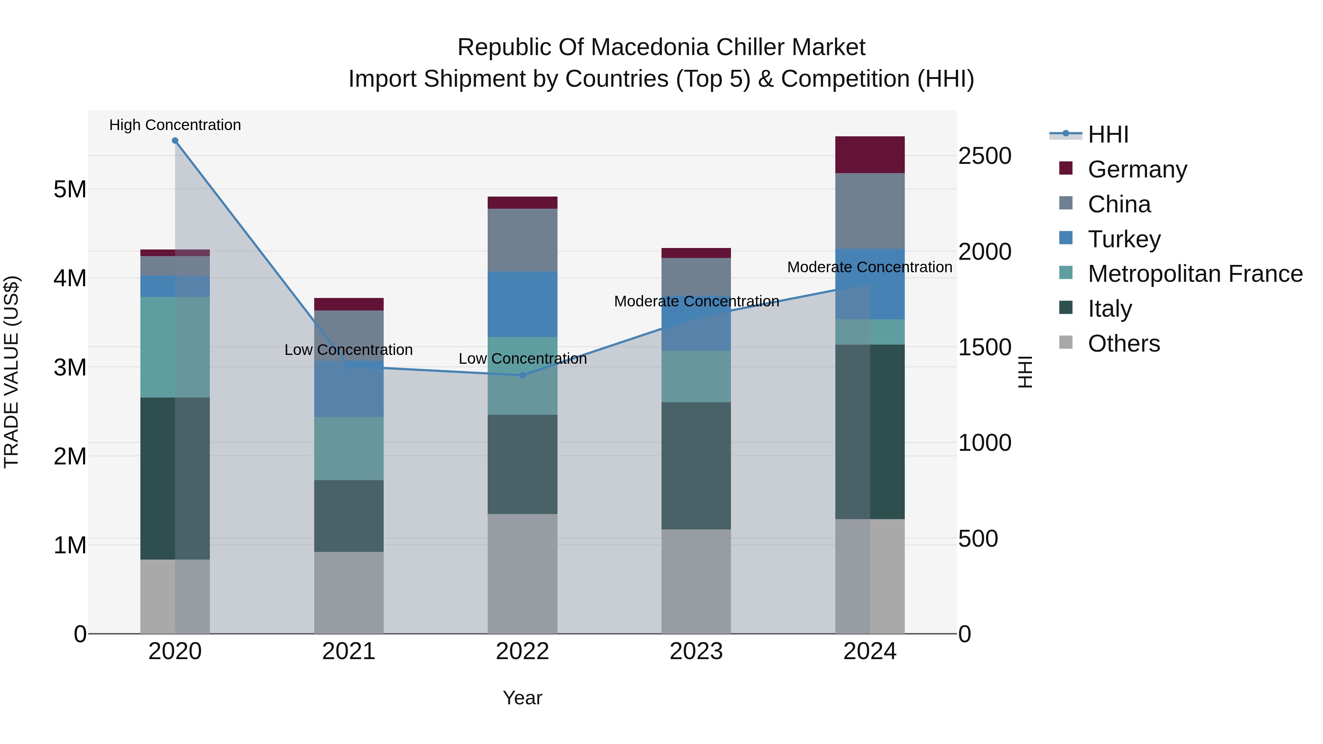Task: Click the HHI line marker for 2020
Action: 175,141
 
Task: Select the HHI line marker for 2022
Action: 522,375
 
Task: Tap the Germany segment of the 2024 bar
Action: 870,155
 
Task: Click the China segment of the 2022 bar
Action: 522,240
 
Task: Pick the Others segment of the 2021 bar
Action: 349,593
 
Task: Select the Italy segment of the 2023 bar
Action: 696,466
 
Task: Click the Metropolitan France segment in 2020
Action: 175,347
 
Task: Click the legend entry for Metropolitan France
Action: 1195,274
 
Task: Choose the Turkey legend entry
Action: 1124,239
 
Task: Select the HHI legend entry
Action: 1108,134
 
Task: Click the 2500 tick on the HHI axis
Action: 985,156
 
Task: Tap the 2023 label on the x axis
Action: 696,651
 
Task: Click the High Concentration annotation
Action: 175,125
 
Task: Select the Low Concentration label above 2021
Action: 349,350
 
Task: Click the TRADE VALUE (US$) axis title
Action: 12,372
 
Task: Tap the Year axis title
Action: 522,698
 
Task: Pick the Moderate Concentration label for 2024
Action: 870,267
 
